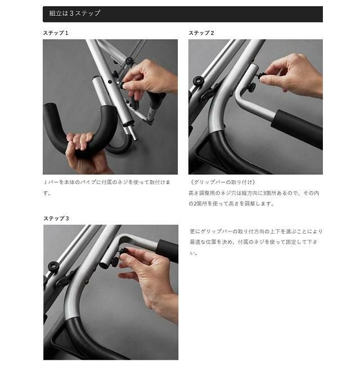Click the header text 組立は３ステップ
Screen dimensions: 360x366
tap(75, 13)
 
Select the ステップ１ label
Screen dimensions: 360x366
tap(56, 33)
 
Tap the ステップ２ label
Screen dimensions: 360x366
tap(201, 33)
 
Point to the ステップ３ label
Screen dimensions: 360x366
tap(56, 218)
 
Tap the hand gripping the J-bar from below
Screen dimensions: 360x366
tap(84, 154)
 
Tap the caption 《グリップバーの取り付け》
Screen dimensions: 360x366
tap(223, 182)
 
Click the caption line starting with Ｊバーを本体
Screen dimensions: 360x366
tap(107, 182)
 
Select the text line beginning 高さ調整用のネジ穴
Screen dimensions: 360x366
tap(254, 193)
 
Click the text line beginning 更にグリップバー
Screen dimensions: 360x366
tap(256, 231)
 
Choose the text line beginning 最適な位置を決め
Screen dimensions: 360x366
tap(254, 242)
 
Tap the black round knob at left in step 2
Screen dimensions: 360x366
tap(199, 81)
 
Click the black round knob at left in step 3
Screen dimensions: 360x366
tap(53, 266)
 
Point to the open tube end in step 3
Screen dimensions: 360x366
tap(103, 265)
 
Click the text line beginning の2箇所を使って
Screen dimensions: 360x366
tap(231, 203)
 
